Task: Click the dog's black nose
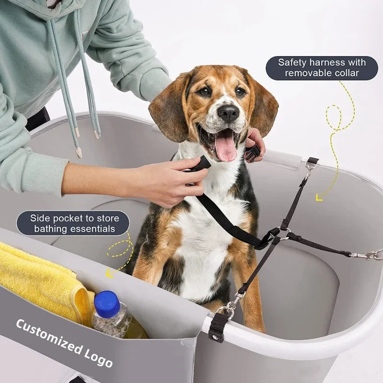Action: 228,113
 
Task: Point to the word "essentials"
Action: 91,229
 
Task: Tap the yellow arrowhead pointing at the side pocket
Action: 110,273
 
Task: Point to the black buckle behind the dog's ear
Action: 252,153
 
